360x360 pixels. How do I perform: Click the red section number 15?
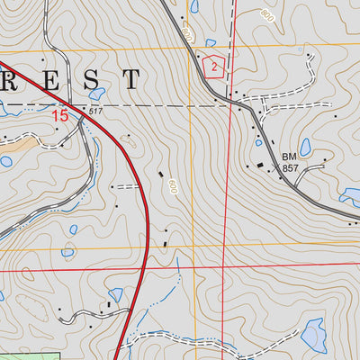click(59, 115)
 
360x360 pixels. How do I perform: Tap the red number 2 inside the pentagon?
click(212, 66)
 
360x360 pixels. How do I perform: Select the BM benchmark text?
click(288, 157)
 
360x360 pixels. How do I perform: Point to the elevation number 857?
click(289, 168)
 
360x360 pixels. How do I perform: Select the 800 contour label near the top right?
click(266, 15)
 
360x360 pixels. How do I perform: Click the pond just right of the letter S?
click(96, 93)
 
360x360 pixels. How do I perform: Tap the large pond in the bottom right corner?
click(312, 336)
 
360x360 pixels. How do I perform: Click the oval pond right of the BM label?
click(305, 147)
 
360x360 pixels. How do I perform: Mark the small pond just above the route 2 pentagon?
click(211, 42)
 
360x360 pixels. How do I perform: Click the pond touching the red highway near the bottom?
click(115, 294)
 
